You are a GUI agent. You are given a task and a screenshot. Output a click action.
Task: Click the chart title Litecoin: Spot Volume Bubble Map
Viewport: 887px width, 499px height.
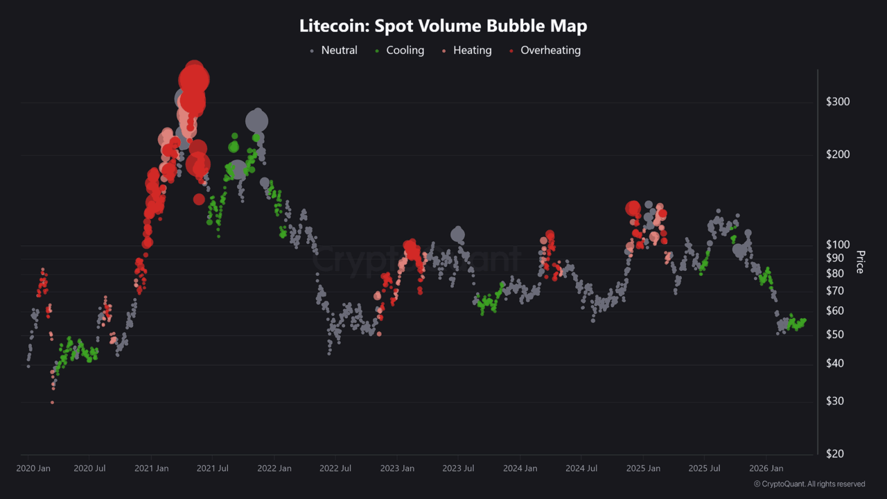(443, 26)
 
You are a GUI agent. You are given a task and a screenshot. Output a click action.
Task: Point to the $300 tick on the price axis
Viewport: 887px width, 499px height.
(838, 102)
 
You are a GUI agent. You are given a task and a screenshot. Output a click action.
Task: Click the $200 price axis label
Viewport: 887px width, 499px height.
(838, 155)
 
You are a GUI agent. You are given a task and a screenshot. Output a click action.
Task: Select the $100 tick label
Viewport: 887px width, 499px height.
(838, 245)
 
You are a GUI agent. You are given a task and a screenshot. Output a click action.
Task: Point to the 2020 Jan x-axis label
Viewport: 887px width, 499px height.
(33, 469)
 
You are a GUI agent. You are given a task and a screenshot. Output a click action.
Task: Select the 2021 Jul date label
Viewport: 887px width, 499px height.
(213, 469)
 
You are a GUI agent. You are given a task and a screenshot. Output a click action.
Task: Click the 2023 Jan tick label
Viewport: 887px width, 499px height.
(397, 469)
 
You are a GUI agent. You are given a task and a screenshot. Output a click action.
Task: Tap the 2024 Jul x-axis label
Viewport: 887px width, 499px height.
(581, 469)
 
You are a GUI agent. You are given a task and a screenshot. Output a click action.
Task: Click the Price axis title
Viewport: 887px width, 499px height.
(860, 262)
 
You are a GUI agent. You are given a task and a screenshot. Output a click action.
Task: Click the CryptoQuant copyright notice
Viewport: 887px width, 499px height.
(809, 484)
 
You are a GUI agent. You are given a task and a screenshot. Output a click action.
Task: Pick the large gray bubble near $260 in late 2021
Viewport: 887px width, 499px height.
(257, 121)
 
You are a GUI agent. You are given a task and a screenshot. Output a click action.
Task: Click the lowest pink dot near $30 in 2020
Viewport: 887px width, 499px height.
(52, 402)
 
